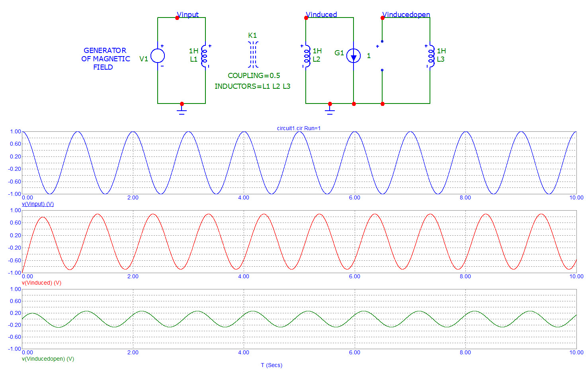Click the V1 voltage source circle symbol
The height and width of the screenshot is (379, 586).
(158, 56)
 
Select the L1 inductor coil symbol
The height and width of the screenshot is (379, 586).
(205, 56)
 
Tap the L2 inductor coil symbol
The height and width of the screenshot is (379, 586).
(307, 56)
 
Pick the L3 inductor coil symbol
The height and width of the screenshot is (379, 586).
(431, 56)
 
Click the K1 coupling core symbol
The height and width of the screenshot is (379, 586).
(253, 55)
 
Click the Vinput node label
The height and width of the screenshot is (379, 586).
(188, 15)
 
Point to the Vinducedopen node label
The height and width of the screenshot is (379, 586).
(406, 15)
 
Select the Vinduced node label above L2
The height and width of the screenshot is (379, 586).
(322, 15)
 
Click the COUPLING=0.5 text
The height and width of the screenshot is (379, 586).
(254, 76)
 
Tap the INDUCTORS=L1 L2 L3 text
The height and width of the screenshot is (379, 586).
(252, 86)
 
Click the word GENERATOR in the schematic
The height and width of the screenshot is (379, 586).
(105, 51)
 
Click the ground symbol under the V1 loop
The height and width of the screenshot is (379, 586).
(182, 110)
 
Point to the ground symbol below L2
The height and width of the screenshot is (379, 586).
(330, 110)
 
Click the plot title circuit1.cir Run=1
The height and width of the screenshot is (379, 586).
(299, 128)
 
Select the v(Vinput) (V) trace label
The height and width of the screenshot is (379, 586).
(38, 204)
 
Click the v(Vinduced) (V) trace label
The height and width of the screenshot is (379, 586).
(41, 283)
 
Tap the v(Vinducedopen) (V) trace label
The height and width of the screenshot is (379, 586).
(48, 359)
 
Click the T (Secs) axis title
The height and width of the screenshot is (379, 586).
(272, 365)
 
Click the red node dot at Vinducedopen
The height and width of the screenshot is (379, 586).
(383, 18)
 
